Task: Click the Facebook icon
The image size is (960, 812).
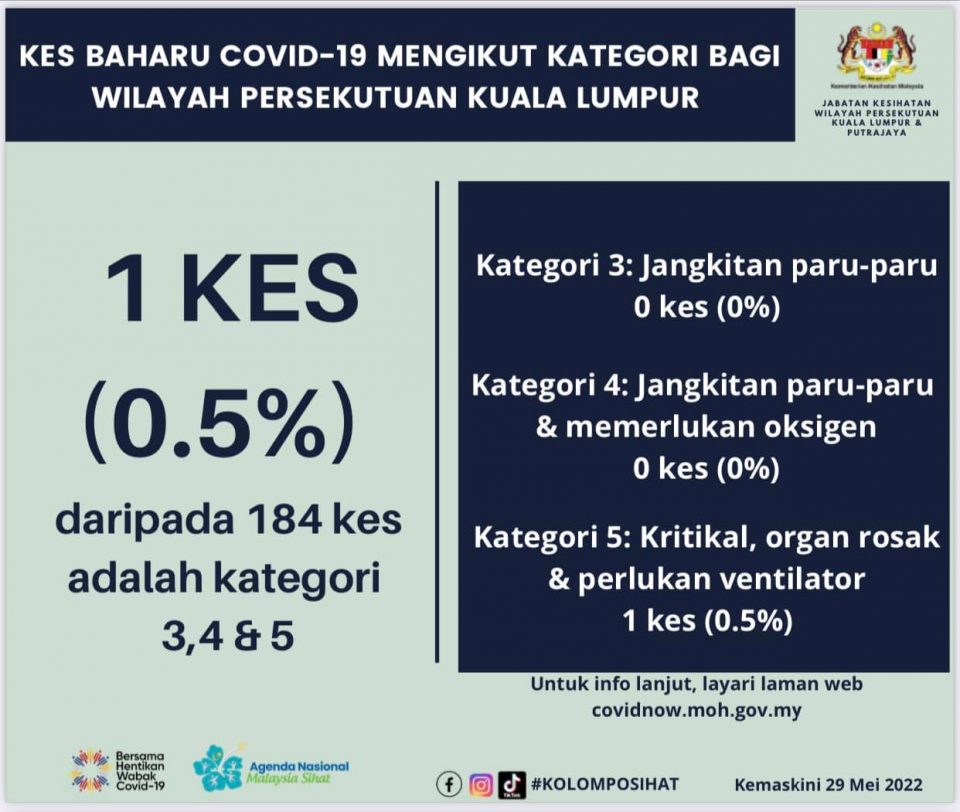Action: [x=449, y=784]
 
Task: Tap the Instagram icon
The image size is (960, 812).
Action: [x=481, y=784]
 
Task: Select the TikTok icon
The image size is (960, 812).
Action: [x=512, y=784]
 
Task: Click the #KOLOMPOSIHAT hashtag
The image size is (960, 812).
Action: [x=605, y=784]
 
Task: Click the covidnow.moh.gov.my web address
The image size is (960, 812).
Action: [x=696, y=710]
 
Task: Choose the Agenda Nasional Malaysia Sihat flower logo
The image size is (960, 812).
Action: [x=219, y=767]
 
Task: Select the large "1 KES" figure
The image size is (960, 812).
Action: [x=232, y=289]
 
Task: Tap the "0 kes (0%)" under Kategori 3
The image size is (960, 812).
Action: [x=707, y=307]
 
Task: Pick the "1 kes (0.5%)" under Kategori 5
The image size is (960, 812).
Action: [x=707, y=621]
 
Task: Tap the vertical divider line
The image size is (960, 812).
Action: [x=437, y=422]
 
